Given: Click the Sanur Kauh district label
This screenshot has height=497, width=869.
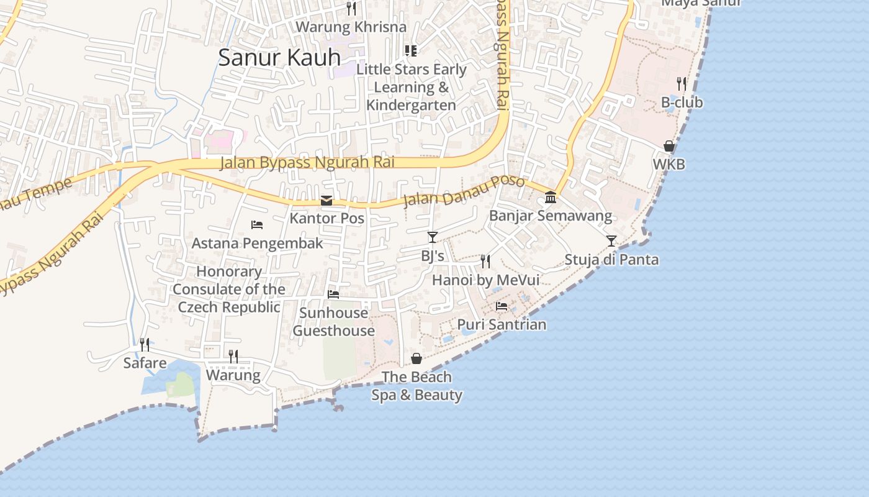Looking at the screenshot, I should [x=279, y=58].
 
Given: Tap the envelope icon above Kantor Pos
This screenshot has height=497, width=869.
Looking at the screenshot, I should [x=326, y=201].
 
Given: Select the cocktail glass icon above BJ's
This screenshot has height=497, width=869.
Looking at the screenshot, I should [x=433, y=237].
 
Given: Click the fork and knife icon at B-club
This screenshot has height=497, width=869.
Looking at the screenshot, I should [x=682, y=84].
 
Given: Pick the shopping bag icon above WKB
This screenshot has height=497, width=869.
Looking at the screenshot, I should [x=669, y=146].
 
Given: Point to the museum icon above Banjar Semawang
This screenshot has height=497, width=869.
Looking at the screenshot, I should [x=551, y=198].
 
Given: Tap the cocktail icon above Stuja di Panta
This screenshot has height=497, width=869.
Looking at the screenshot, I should [x=611, y=241].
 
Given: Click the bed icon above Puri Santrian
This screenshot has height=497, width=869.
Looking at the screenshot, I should [x=502, y=306].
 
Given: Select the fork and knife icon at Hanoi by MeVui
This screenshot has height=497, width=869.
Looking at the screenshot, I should [x=485, y=262].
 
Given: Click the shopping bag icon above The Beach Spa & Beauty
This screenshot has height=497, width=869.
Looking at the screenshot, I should [x=416, y=358].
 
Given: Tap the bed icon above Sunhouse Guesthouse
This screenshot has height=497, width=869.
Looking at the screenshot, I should [x=333, y=294].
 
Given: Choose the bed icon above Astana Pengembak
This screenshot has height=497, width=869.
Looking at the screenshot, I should [x=257, y=224].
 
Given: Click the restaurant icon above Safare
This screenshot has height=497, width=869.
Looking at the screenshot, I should [x=145, y=344].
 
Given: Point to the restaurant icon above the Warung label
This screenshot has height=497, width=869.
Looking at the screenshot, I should [x=233, y=356].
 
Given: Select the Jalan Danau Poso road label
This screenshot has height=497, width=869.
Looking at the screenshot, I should [x=464, y=191].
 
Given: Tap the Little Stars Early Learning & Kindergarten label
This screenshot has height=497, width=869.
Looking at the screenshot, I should [x=411, y=87].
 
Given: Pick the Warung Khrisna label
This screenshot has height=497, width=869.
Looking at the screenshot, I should [x=351, y=27].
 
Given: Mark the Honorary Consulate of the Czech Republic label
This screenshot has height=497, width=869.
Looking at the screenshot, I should [x=229, y=290].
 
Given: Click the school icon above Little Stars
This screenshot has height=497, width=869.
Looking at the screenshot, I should [x=410, y=50].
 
